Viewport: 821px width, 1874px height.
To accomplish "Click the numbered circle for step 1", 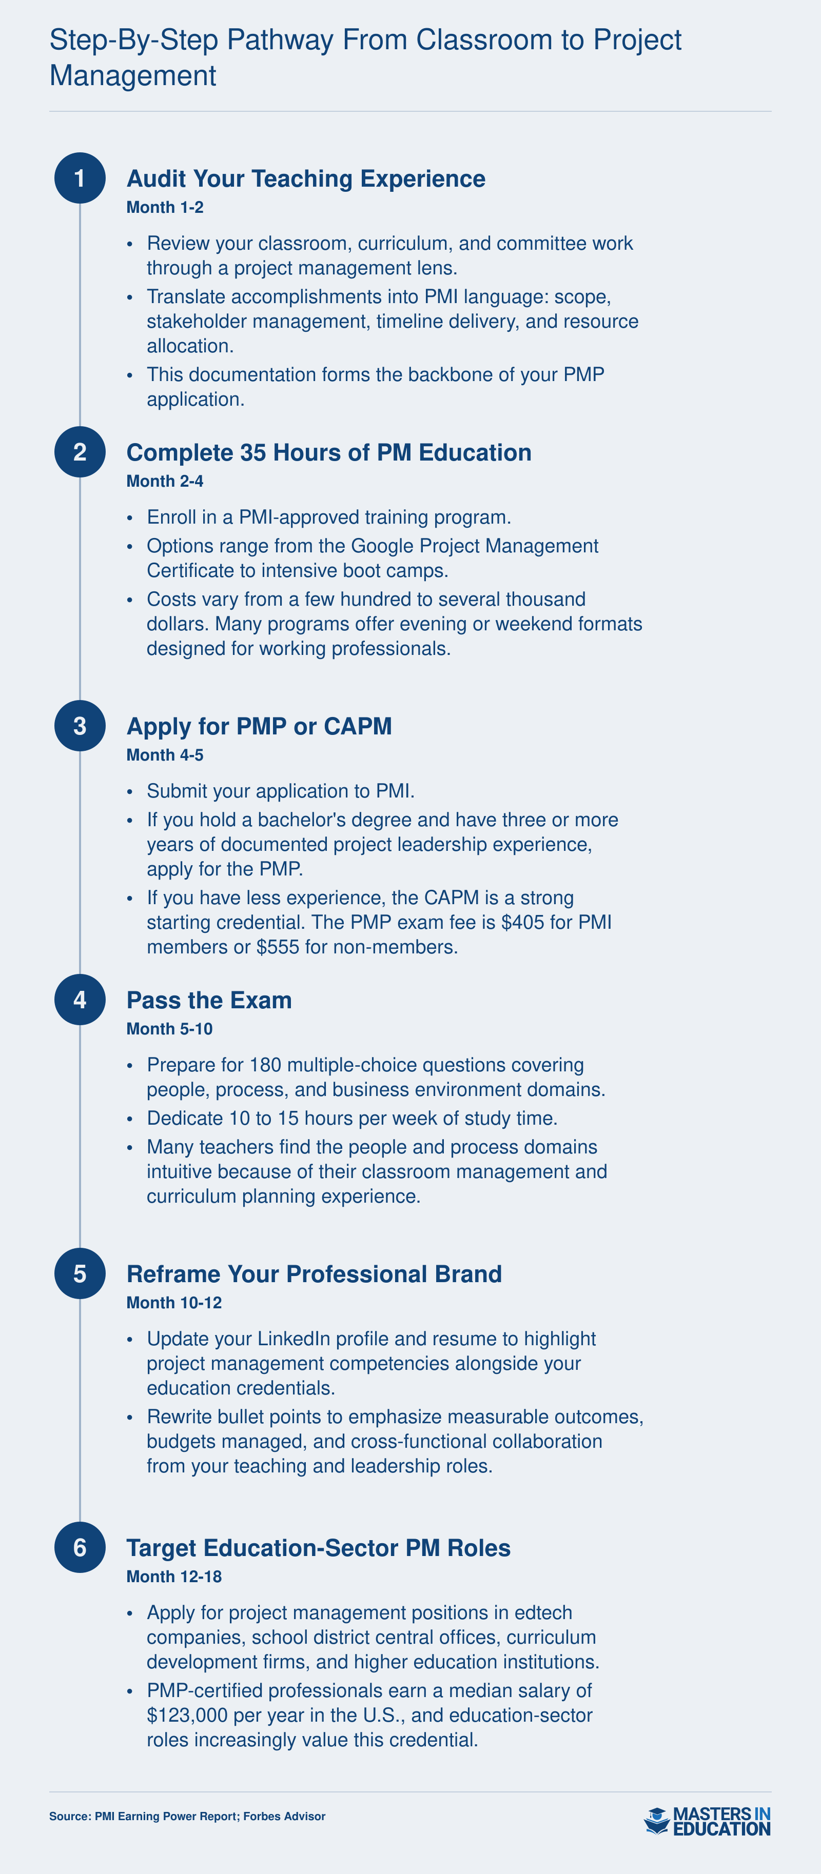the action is pos(80,178).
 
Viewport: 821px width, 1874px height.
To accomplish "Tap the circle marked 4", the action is pos(80,1000).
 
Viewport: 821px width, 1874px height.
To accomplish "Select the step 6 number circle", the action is pos(80,1547).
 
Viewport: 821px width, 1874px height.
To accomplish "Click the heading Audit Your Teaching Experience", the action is pos(306,179).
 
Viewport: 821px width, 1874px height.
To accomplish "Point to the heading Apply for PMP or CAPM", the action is pos(259,727).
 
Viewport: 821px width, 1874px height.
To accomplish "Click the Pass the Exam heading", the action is pos(209,1000).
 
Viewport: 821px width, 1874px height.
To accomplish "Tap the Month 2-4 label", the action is pos(165,481).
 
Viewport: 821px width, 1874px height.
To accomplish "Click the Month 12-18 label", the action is pos(174,1577).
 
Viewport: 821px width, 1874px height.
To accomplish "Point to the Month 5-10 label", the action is pos(169,1029).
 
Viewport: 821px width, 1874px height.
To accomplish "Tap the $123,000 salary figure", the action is pos(188,1716).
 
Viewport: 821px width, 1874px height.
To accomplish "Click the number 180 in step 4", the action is pos(265,1065).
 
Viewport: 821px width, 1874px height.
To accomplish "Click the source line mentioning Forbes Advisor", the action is pos(187,1817).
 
